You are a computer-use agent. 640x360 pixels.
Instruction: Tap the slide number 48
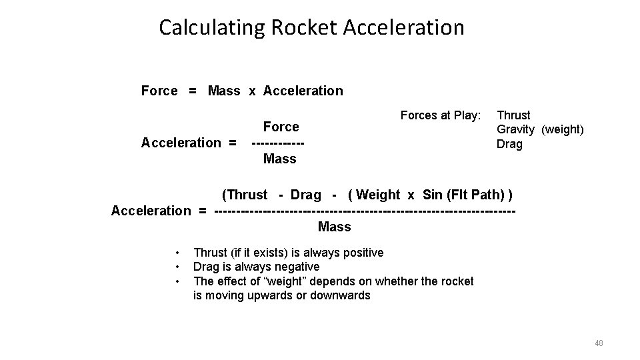[598, 343]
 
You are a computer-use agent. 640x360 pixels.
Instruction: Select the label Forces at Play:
[440, 115]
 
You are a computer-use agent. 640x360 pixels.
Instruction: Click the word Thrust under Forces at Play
[514, 115]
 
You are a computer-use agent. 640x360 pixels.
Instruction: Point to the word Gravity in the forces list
[515, 129]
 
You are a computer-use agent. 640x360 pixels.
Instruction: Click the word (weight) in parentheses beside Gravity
[562, 129]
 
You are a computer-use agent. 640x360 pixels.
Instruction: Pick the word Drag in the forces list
[510, 144]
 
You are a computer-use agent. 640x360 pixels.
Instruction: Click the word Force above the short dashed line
[281, 127]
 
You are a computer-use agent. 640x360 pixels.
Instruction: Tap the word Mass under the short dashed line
[280, 159]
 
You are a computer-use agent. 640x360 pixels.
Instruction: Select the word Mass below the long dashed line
[335, 227]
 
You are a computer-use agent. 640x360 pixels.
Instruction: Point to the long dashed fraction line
[365, 211]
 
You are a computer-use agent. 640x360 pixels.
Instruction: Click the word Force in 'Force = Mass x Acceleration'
[159, 91]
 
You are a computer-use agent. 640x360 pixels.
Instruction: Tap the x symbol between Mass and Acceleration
[253, 91]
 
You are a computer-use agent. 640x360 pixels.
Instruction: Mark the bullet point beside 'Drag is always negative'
[178, 267]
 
